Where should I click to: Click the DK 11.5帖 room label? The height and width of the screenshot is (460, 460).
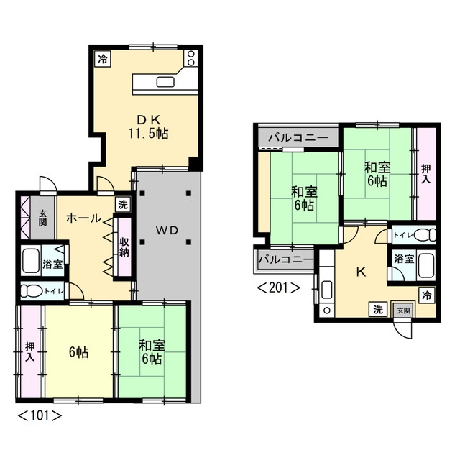(x=148, y=126)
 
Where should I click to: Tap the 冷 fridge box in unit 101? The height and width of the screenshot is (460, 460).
(x=103, y=59)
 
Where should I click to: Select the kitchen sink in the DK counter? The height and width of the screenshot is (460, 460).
(x=165, y=82)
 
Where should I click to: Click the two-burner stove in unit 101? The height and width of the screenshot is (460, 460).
(x=191, y=58)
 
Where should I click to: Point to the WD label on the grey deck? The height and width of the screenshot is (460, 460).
(x=167, y=230)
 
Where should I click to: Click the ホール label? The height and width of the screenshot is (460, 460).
(x=83, y=218)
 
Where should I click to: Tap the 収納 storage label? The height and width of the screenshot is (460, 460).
(x=124, y=247)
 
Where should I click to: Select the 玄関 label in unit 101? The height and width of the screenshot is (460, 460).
(x=43, y=217)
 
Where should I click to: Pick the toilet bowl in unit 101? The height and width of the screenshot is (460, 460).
(x=32, y=290)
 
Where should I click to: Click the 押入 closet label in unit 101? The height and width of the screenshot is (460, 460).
(x=30, y=351)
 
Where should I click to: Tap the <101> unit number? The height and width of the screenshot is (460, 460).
(x=40, y=415)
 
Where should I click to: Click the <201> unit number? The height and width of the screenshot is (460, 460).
(x=279, y=287)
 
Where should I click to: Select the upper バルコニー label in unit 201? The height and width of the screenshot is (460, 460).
(x=298, y=137)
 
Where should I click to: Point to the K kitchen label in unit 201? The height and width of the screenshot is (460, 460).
(x=361, y=272)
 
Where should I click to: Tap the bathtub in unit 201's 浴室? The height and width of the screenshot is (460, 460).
(x=426, y=265)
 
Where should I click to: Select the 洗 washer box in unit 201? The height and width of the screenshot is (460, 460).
(x=378, y=309)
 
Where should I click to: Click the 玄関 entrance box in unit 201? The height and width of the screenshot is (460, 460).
(x=404, y=310)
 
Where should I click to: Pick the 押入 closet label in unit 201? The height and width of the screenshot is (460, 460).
(x=426, y=174)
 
